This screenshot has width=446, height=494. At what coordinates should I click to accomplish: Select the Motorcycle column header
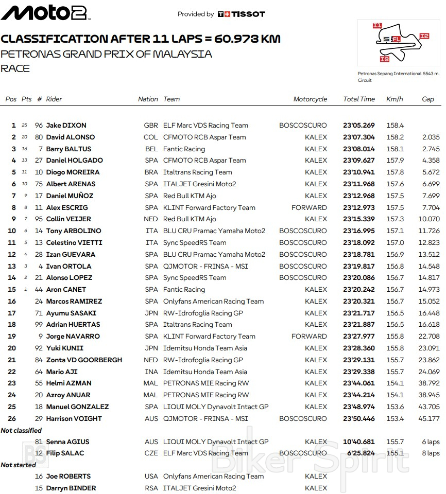(310, 99)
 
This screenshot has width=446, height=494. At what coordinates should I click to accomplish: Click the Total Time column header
(359, 99)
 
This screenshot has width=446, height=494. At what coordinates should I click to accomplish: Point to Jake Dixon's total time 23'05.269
(359, 126)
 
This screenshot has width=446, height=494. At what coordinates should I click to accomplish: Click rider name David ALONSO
(71, 137)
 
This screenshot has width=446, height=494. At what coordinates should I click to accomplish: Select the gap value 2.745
(430, 149)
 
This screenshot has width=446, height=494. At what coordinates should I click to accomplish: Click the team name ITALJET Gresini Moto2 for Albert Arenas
(199, 184)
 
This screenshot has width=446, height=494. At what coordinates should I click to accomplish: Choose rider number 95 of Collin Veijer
(39, 219)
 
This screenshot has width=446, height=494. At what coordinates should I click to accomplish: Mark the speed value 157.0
(395, 243)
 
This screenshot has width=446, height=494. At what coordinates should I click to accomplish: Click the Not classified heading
(21, 430)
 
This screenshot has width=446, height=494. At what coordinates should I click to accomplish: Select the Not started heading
(19, 465)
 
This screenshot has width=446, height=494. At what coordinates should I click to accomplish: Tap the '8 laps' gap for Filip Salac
(430, 453)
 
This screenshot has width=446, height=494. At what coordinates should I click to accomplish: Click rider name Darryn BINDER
(71, 488)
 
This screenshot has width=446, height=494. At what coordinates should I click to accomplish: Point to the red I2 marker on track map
(424, 36)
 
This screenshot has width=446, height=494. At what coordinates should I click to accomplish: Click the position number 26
(12, 419)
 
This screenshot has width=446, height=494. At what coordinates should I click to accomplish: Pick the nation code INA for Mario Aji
(151, 372)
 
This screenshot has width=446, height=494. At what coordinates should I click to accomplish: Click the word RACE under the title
(15, 68)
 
